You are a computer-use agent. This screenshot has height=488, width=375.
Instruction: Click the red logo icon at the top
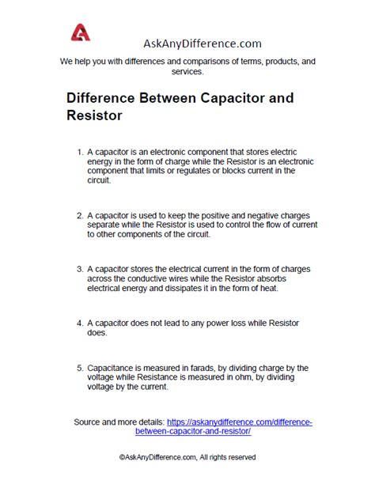(x=81, y=34)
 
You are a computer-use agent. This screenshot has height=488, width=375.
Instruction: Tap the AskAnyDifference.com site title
(x=203, y=44)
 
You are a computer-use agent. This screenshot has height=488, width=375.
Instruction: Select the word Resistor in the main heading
(x=95, y=115)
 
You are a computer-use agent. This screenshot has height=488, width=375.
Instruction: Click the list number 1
(x=79, y=150)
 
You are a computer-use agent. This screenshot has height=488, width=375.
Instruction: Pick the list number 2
(x=79, y=214)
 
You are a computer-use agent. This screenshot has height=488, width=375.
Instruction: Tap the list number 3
(x=79, y=268)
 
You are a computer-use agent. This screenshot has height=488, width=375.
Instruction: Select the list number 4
(x=79, y=323)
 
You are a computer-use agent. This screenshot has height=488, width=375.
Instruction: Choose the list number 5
(x=79, y=368)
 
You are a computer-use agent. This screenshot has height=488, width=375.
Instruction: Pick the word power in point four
(x=213, y=323)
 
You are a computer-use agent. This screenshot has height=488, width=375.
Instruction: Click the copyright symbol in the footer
(x=123, y=457)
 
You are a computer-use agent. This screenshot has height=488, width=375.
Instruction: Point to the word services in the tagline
(x=187, y=71)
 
